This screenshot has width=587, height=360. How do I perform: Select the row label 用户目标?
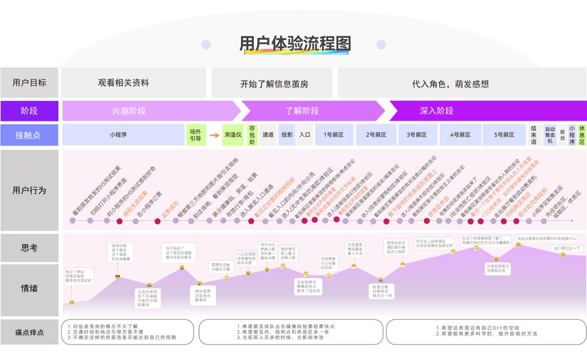click(29, 83)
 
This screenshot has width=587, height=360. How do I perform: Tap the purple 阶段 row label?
click(29, 111)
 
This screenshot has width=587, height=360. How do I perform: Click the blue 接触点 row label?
click(29, 135)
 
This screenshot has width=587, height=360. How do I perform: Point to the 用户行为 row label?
click(29, 191)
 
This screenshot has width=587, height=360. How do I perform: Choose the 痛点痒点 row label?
click(29, 332)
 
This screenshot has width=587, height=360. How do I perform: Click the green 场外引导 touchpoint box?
click(195, 135)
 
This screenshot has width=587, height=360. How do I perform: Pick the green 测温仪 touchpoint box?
click(233, 135)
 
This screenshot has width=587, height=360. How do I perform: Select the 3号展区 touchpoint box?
click(417, 135)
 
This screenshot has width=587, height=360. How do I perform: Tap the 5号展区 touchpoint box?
click(504, 135)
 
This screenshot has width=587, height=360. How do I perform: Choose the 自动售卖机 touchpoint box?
click(549, 135)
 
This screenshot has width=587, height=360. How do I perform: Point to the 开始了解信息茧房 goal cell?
click(274, 83)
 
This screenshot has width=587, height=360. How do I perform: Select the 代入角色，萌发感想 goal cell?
click(450, 83)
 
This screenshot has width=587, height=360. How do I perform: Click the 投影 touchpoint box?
click(287, 135)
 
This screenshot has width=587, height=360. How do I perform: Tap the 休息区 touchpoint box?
click(582, 135)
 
